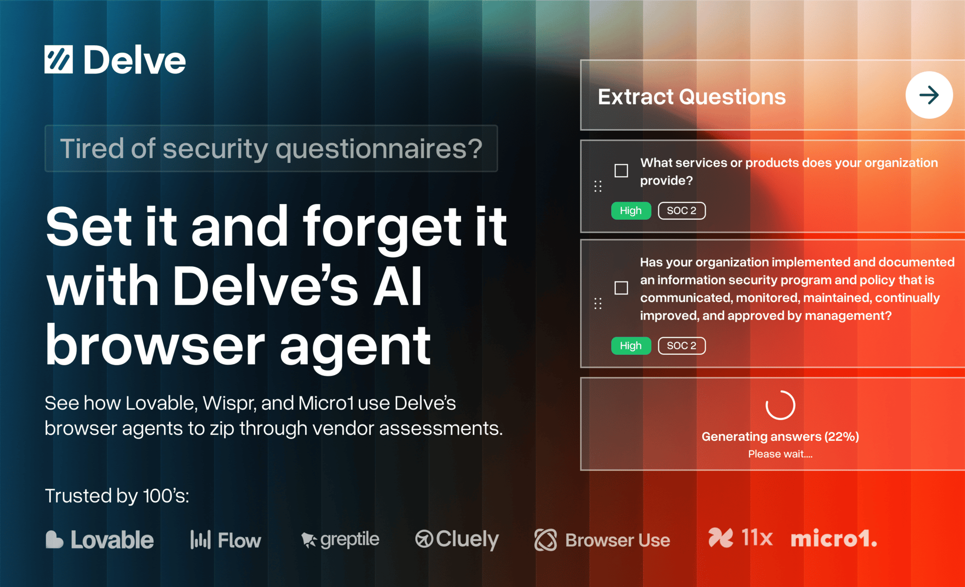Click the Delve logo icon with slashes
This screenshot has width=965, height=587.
(x=58, y=60)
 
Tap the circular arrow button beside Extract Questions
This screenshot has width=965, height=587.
(x=929, y=95)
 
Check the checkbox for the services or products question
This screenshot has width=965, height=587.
(x=621, y=171)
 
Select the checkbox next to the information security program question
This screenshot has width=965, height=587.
(x=621, y=288)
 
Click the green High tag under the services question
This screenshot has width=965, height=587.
(x=631, y=211)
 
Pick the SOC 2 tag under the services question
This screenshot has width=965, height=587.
(x=682, y=211)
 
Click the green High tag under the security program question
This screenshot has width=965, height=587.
(x=631, y=346)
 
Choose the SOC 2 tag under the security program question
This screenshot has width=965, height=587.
(x=682, y=346)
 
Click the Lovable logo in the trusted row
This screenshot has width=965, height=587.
(x=100, y=540)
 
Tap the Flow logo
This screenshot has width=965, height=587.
(x=226, y=540)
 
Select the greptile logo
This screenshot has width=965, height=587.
(x=340, y=540)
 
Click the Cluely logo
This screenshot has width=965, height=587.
(x=457, y=540)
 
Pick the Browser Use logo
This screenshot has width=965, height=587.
(x=602, y=540)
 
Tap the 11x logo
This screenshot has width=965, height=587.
(x=740, y=538)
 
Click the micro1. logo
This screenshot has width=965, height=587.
(x=834, y=539)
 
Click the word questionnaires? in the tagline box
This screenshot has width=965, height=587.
(x=379, y=149)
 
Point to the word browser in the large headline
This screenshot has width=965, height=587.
(x=155, y=346)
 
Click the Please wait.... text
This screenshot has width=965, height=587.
(x=780, y=454)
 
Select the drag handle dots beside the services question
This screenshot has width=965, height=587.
(x=598, y=186)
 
